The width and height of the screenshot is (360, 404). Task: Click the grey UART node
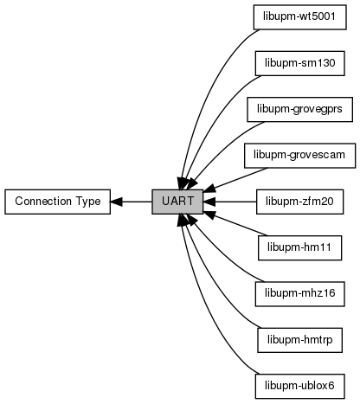177,202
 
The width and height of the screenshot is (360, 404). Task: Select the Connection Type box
57,202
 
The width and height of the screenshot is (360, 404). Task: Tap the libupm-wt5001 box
299,17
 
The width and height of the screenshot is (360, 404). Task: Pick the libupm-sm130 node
299,63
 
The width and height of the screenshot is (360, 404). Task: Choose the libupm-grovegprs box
299,109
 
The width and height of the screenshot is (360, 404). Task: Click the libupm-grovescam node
299,156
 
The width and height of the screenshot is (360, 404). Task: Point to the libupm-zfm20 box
299,202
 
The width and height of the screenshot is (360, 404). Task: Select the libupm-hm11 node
299,247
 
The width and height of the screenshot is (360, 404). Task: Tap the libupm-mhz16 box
299,294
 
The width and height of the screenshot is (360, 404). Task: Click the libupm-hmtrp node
299,340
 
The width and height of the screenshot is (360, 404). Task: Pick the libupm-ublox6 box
299,386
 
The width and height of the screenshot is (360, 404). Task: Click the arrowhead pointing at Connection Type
117,202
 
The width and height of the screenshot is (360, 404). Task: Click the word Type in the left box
88,202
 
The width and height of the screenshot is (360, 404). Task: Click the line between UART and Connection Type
132,202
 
